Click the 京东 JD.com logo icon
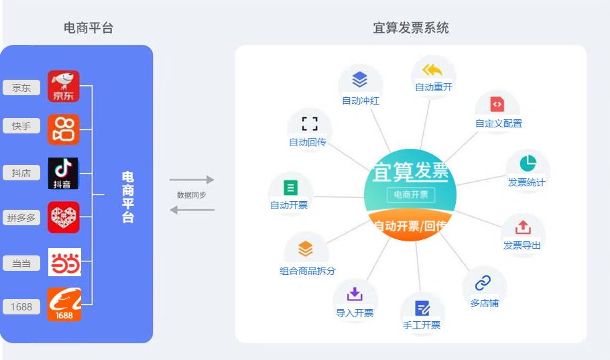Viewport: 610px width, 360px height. coord(64,86)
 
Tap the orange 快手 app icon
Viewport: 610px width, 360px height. coord(64,129)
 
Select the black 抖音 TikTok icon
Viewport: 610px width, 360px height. coord(64,174)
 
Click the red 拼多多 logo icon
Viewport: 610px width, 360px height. coord(64,217)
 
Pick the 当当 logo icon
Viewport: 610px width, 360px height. coord(64,262)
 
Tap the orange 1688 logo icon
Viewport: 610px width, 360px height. coord(64,304)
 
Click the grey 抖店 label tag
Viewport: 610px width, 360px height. coord(21,173)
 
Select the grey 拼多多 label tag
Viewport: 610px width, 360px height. coord(21,217)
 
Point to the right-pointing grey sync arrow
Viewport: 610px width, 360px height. coord(192,180)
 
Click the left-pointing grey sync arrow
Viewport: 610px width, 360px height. coord(192,210)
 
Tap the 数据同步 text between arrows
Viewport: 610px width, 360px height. coord(192,194)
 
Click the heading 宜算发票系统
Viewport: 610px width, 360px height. coord(411,28)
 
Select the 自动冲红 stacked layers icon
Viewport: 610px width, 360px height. coord(360,80)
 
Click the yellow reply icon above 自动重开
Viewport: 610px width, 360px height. coord(432,70)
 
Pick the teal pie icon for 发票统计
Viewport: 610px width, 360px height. coord(528,164)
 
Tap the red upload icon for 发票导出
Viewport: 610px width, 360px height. coord(523,228)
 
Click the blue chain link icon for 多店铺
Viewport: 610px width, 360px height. coord(483,282)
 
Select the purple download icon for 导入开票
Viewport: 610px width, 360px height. coord(355,294)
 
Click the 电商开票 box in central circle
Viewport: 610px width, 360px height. coord(410,194)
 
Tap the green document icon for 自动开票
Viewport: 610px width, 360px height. coord(290,188)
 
